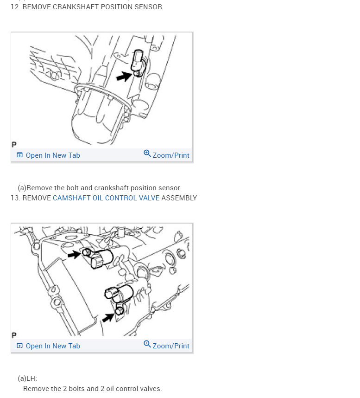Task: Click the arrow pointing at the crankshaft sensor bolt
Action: point(124,76)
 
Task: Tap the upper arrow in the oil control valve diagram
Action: point(75,254)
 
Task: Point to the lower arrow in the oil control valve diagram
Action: point(108,317)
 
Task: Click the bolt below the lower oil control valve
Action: point(119,310)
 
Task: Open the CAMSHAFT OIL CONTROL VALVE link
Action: point(106,198)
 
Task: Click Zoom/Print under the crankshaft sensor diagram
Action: point(171,155)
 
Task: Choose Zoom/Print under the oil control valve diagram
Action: point(171,346)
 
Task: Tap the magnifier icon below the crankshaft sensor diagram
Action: point(147,154)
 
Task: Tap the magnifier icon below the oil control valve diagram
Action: point(147,344)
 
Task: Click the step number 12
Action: point(15,7)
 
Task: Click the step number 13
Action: point(15,198)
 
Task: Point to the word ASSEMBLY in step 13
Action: point(179,198)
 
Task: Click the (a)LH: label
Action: point(27,379)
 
